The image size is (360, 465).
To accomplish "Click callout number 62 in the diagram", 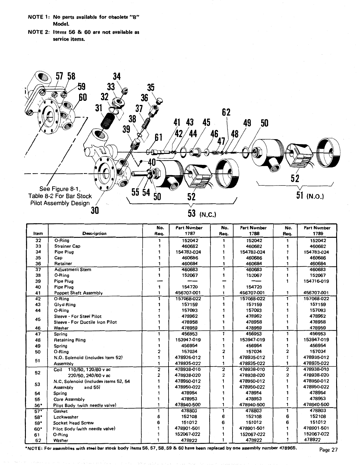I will [226, 113].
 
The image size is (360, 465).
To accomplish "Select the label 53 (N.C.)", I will [202, 213].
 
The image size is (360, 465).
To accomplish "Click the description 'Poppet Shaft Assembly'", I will [78, 293].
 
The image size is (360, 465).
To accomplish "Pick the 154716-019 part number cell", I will [316, 281].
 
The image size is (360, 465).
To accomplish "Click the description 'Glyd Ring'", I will [65, 305].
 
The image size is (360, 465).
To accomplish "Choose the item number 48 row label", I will [37, 340].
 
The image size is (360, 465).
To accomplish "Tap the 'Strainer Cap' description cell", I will [67, 246].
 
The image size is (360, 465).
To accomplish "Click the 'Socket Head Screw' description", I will [73, 423].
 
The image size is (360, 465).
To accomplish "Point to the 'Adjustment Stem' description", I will [73, 269].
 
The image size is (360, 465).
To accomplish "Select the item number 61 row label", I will [37, 434].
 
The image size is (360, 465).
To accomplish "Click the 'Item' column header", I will [38, 233].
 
